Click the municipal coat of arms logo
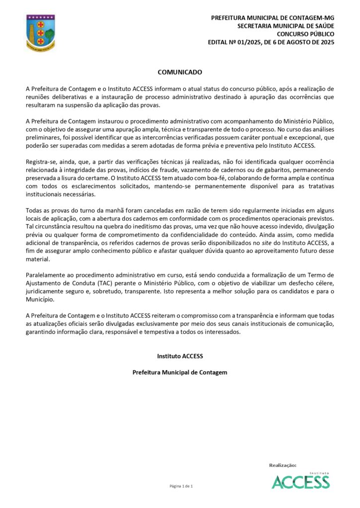coord(41,32)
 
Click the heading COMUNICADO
coord(180,72)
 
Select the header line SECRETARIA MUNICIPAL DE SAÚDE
coord(286,26)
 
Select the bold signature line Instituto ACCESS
coord(180,356)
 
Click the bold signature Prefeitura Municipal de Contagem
coord(180,372)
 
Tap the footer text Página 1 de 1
coord(181,486)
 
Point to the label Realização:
coord(283,465)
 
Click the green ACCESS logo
coord(300,480)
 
